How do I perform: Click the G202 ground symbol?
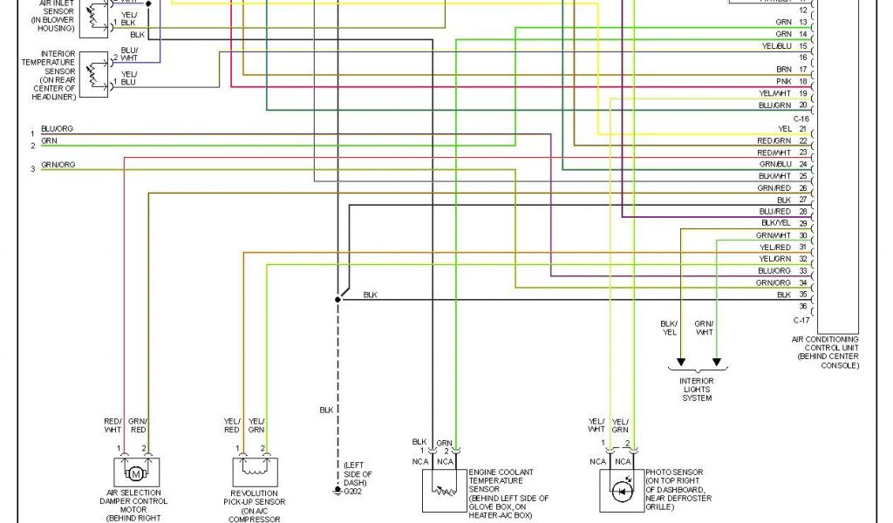[337, 492]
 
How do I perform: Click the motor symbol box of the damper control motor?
[135, 473]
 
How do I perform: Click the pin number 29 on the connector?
[802, 223]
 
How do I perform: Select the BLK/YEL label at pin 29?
[775, 223]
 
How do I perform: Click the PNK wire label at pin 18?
[783, 81]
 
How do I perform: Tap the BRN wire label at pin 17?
[783, 69]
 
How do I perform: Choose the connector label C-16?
[802, 117]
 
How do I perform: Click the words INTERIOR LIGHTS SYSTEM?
[697, 390]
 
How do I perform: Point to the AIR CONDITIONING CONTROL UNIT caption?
[824, 352]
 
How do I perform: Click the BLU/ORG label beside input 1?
[57, 129]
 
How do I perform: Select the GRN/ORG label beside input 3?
[58, 165]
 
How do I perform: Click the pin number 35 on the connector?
[802, 295]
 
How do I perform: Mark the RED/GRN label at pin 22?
[774, 140]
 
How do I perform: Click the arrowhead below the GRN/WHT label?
[716, 363]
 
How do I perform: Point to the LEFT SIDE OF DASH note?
[358, 473]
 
